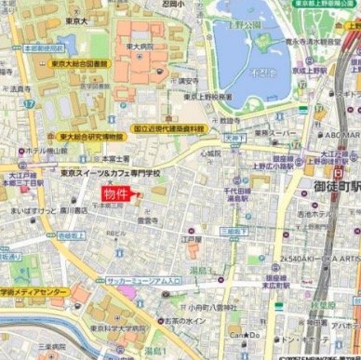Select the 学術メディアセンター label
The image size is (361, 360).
coord(34,292)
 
